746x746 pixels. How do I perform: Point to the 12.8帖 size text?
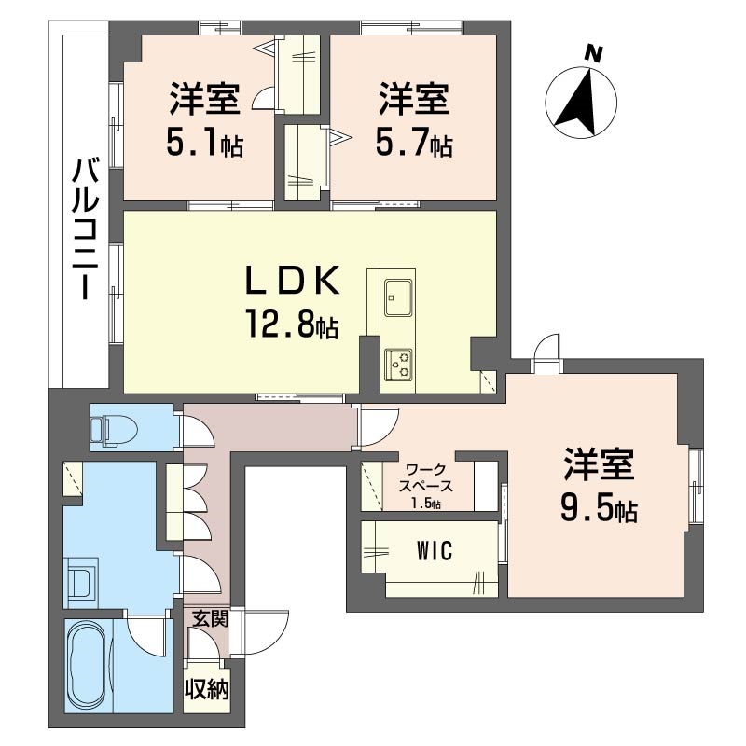[x=285, y=325]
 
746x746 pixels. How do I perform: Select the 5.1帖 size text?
[x=204, y=144]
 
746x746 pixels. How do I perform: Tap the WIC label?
[x=434, y=551]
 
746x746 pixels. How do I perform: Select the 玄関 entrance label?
[x=210, y=617]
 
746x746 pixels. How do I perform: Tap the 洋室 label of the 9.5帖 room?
[x=599, y=463]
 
